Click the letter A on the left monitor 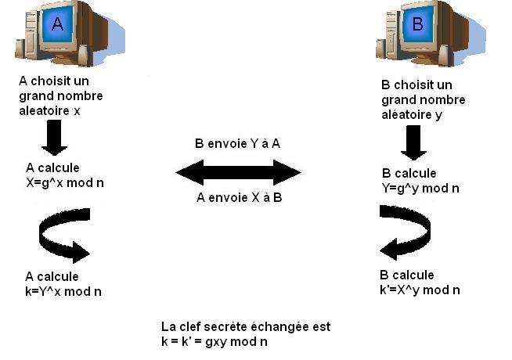57,24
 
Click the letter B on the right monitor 417,24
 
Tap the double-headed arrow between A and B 239,171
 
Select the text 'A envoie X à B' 239,197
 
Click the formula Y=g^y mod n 420,188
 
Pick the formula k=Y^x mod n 63,291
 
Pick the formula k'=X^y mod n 420,290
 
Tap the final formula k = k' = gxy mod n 215,342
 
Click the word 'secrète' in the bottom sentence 230,327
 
